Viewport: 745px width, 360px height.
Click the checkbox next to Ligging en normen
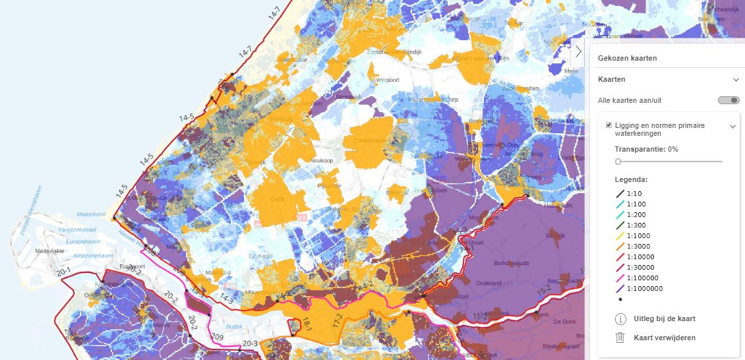(x=609, y=125)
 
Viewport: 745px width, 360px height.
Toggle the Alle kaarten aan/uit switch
(x=729, y=100)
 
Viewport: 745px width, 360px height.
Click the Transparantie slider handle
(x=618, y=161)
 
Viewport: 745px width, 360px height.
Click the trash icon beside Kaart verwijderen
(x=620, y=338)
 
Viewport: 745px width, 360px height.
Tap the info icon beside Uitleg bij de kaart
(x=620, y=319)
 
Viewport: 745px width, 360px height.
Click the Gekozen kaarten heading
(x=627, y=58)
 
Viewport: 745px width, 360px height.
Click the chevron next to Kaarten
(x=736, y=80)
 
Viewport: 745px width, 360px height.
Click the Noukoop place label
(x=312, y=160)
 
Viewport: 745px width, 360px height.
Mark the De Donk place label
(x=565, y=322)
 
